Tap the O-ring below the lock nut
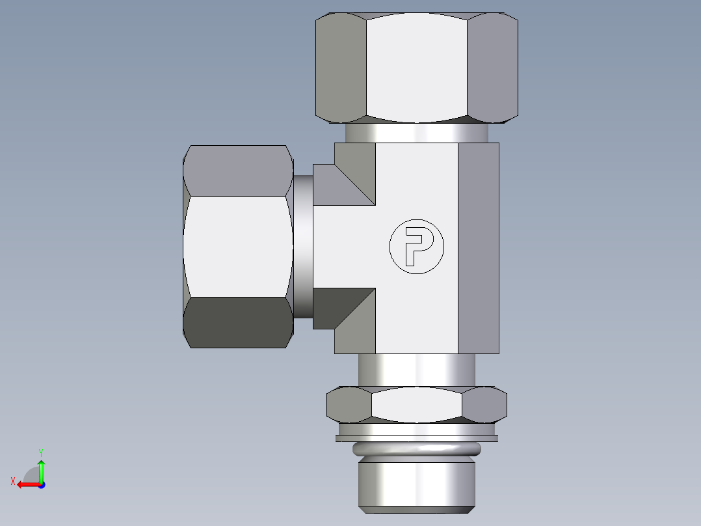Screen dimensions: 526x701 pos(417,449)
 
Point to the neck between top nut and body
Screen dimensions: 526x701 pos(417,133)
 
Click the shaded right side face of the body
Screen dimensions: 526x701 pos(479,247)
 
